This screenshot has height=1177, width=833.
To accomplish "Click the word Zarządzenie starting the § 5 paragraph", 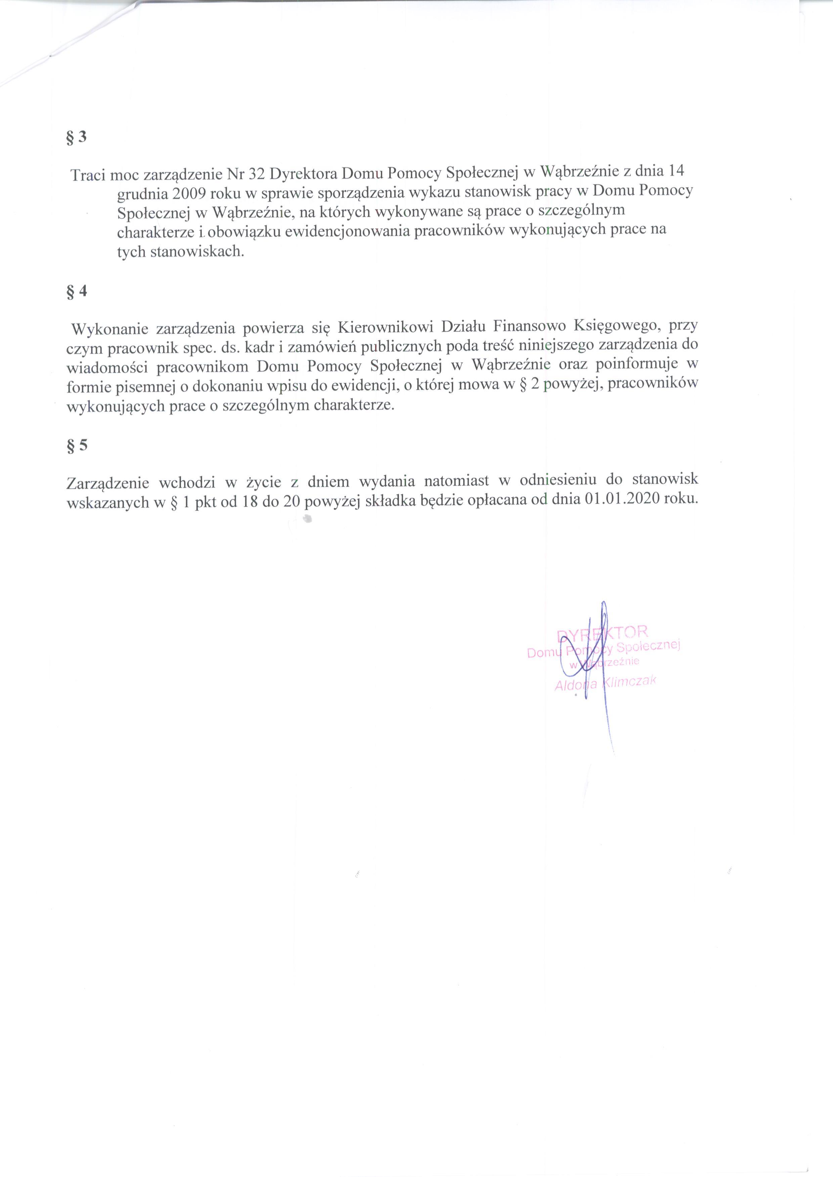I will point(108,482).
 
